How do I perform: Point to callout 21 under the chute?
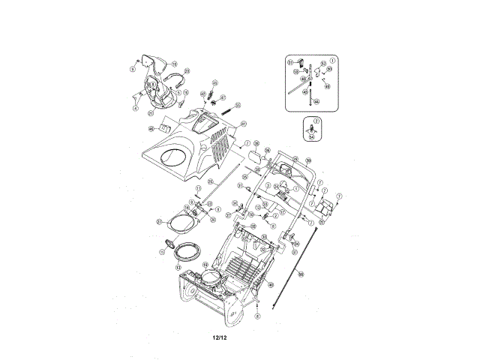point(151,114)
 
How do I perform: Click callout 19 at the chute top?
point(175,64)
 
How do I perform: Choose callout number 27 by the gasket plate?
point(159,222)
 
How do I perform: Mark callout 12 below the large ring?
point(178,265)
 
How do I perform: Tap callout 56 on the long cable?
point(301,274)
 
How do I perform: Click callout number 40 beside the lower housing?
point(270,285)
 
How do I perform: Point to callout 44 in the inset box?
point(316,101)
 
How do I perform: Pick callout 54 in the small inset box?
point(312,136)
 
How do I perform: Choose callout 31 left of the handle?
point(240,185)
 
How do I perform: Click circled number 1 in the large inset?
point(332,59)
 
